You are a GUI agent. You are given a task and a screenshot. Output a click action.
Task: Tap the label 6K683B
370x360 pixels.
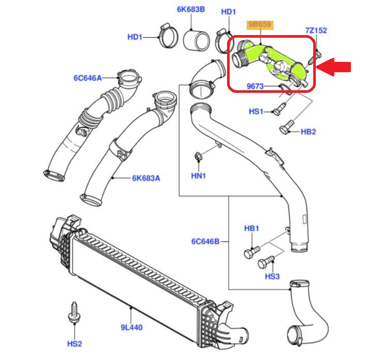(191, 9)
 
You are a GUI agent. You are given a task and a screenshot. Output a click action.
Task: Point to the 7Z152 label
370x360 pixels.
(316, 30)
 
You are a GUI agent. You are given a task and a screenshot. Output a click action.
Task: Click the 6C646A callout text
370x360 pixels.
(87, 78)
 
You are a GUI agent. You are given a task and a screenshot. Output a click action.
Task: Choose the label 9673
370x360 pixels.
(255, 87)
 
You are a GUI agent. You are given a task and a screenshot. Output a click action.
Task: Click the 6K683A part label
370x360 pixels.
(146, 178)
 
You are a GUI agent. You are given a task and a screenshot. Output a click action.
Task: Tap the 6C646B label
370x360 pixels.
(205, 241)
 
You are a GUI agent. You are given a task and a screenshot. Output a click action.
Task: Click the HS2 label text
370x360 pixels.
(75, 343)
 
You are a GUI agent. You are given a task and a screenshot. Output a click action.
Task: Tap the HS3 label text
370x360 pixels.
(272, 277)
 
